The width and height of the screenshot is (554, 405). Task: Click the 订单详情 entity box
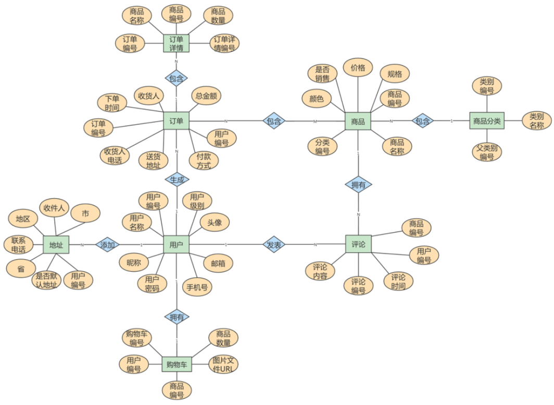click(x=176, y=43)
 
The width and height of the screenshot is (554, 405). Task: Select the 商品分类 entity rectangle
click(x=487, y=121)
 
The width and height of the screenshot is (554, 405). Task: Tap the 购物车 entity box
click(x=177, y=364)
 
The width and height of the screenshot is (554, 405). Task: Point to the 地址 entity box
click(x=56, y=245)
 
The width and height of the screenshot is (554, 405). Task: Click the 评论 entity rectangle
click(x=358, y=244)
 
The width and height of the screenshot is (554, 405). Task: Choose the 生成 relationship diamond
click(x=177, y=180)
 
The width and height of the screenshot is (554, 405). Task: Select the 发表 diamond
click(x=274, y=245)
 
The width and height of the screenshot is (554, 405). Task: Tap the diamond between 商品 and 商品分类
click(x=422, y=121)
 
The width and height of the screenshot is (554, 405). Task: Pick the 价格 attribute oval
click(x=358, y=68)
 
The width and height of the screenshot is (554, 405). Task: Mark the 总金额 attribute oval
click(x=206, y=95)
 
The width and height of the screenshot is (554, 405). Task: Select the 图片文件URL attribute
click(x=223, y=364)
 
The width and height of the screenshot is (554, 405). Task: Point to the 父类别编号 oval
click(x=487, y=152)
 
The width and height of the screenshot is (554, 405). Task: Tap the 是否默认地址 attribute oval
click(x=47, y=280)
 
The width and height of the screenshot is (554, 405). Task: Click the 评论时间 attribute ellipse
click(x=398, y=281)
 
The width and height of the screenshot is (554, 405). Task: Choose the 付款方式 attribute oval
click(x=204, y=160)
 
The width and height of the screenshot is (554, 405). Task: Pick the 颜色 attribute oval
click(x=317, y=99)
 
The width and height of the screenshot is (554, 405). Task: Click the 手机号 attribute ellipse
click(x=198, y=286)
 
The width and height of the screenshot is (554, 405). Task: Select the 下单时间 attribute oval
click(x=112, y=103)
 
